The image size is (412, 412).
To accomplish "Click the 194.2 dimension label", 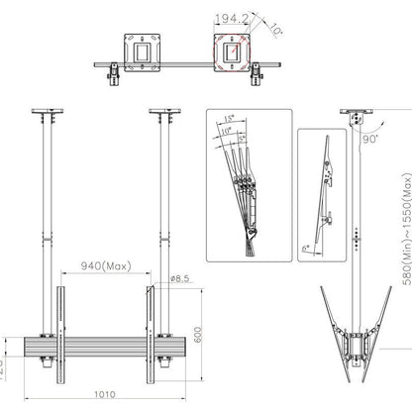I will point(231,18).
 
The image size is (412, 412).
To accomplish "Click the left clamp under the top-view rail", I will point(113,72).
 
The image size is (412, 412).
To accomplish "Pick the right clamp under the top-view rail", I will point(258,72).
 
